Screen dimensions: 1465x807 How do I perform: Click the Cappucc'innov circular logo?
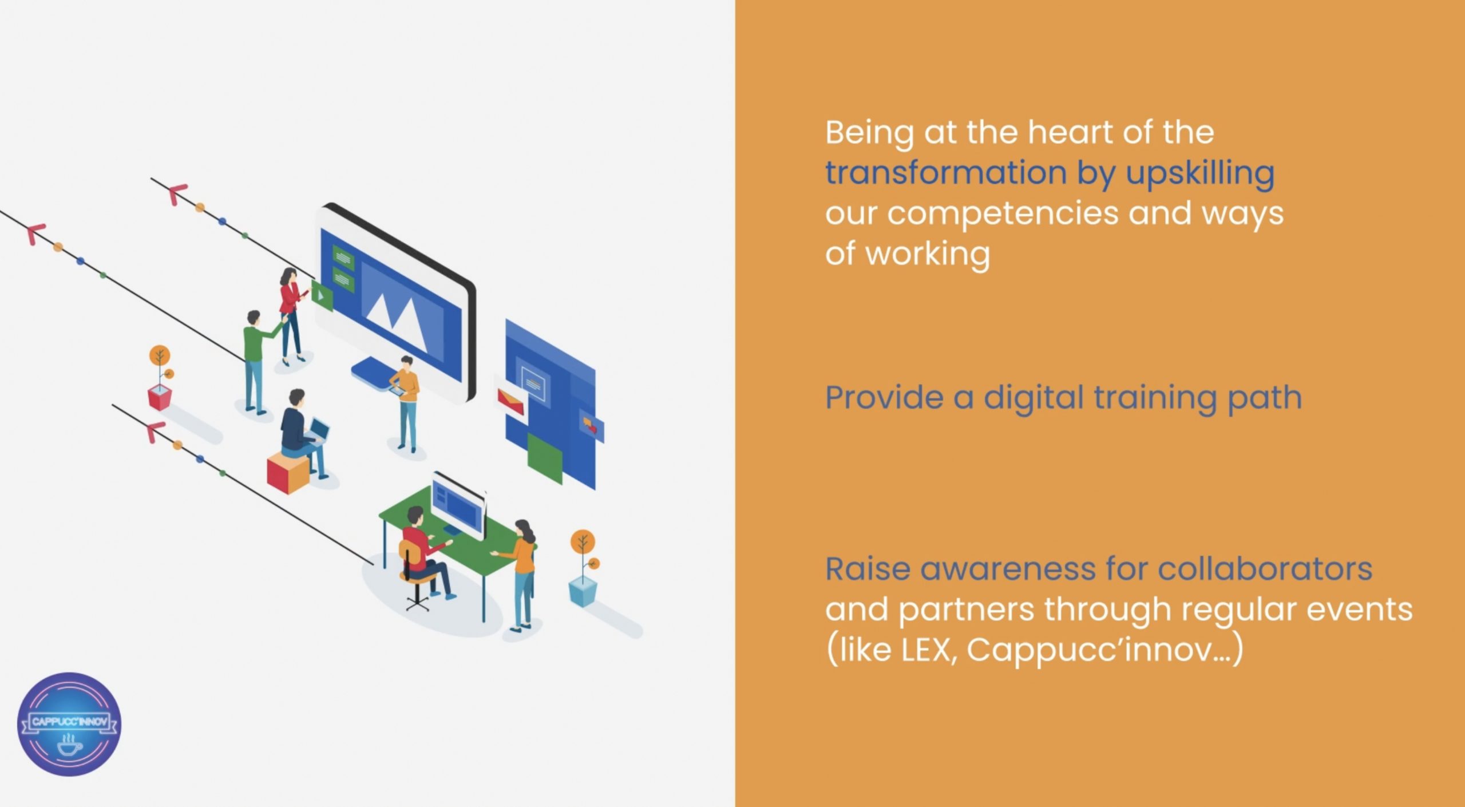click(69, 724)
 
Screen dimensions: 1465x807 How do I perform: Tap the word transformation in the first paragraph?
click(946, 172)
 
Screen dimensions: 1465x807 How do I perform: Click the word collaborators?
click(1265, 569)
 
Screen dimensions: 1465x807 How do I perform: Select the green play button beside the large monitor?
click(322, 296)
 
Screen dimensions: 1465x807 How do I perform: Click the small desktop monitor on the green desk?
click(458, 505)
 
